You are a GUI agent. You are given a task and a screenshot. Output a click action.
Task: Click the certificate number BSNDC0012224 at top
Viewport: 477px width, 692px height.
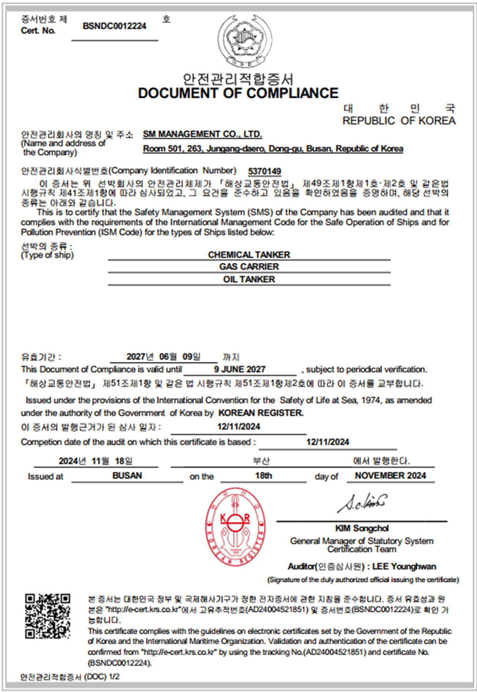[x=114, y=26]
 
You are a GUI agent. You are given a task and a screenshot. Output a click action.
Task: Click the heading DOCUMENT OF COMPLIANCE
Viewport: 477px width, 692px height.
[x=238, y=93]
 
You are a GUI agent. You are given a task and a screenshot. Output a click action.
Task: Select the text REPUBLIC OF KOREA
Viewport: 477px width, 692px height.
[x=399, y=121]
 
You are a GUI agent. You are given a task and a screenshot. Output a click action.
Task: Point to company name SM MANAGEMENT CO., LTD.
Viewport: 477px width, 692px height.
[x=202, y=134]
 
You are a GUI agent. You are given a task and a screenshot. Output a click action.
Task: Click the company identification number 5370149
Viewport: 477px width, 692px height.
[x=264, y=171]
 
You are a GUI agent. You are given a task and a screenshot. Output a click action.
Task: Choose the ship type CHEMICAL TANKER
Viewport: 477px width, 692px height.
[x=249, y=255]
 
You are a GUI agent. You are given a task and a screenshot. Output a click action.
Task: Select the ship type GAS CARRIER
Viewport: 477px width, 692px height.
[x=249, y=267]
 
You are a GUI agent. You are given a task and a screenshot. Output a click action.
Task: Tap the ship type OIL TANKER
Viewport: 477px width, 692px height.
[x=249, y=279]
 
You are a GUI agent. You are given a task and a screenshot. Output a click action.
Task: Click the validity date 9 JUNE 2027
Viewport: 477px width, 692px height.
[x=240, y=369]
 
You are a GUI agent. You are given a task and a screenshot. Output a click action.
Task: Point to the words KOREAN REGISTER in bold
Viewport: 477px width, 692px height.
[x=261, y=413]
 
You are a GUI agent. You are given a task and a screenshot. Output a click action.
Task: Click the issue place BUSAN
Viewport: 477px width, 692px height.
[x=127, y=475]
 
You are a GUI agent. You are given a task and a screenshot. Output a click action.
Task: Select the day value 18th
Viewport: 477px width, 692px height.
[x=264, y=475]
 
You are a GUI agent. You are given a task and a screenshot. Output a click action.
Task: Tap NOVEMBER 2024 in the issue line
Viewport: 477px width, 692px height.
[x=390, y=475]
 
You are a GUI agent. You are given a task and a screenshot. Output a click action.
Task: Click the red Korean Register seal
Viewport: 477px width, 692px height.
[x=235, y=527]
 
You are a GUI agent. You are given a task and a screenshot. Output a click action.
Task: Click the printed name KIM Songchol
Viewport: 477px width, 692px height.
[x=362, y=528]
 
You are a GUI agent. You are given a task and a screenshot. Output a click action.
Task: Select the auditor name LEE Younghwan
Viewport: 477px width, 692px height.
[x=404, y=567]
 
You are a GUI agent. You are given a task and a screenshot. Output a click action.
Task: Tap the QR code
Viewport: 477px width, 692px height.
[x=48, y=616]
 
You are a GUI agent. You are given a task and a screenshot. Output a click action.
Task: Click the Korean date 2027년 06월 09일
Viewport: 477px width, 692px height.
[x=163, y=357]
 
